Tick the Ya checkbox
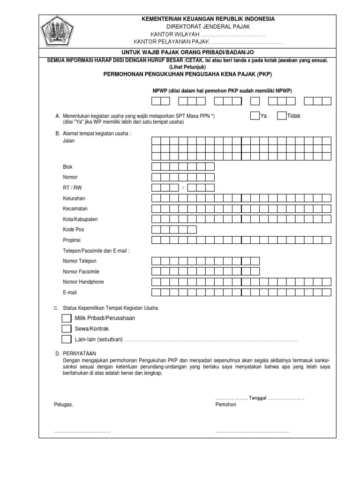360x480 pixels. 255,116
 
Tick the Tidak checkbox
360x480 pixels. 281,116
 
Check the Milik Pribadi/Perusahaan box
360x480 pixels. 66,318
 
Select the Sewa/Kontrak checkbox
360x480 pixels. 66,329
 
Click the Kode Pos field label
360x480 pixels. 73,230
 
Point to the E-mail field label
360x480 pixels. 69,292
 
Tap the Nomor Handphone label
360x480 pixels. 83,282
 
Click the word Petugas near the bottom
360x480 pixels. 63,404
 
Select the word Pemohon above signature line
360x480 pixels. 226,404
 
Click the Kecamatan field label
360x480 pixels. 75,209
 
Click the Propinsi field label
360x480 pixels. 72,240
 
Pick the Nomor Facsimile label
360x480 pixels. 81,271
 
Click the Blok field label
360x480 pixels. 67,167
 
